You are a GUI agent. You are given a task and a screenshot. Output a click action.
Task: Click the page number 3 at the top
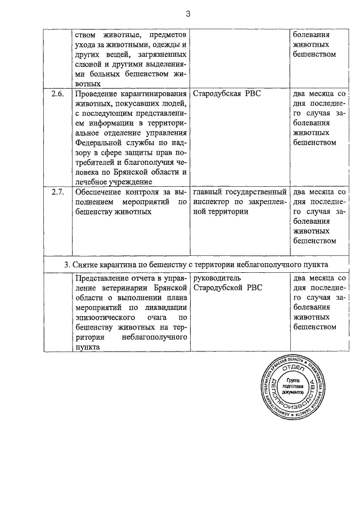pyautogui.click(x=188, y=15)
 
